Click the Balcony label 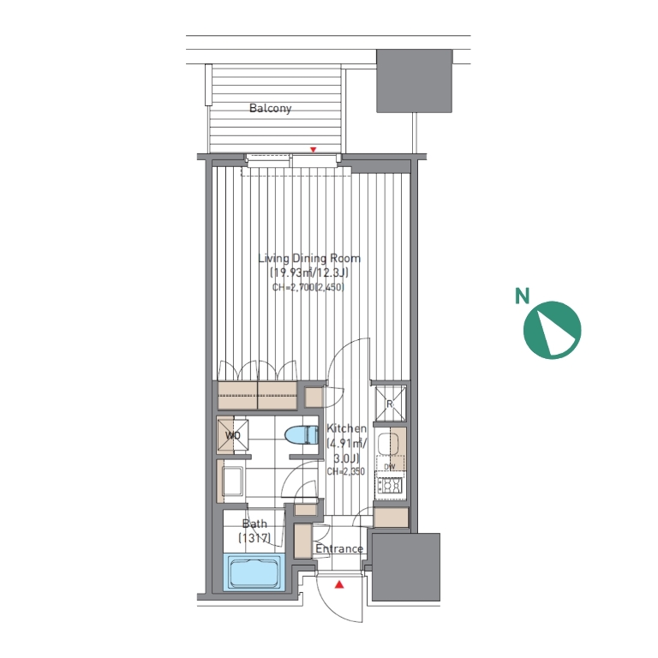[270, 108]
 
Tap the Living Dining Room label [309, 258]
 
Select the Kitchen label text [346, 428]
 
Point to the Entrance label [339, 548]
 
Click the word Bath [254, 523]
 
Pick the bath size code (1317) [254, 537]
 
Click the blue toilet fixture [302, 434]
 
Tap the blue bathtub [254, 572]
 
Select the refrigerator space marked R [390, 404]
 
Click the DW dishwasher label [390, 467]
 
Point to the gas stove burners [391, 486]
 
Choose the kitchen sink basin [388, 445]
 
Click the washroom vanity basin [232, 482]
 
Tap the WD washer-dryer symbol [232, 435]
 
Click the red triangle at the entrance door [339, 584]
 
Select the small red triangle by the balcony [313, 150]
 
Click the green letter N [522, 296]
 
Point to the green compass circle [553, 330]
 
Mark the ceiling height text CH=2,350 [346, 471]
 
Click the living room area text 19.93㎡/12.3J [309, 272]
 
